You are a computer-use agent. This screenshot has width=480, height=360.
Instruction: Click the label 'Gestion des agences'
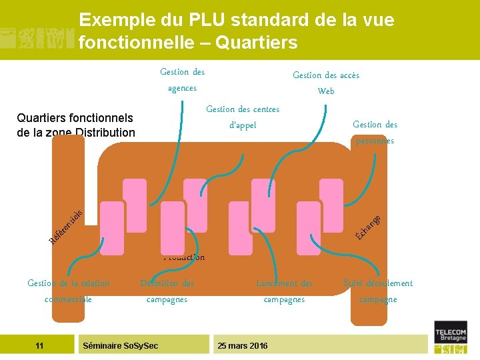pyautogui.click(x=182, y=80)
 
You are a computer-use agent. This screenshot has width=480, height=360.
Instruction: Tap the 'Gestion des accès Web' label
pyautogui.click(x=326, y=83)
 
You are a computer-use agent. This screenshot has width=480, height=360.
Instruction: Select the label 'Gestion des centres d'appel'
pyautogui.click(x=243, y=117)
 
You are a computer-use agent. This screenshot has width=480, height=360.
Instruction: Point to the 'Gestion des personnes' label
pyautogui.click(x=375, y=132)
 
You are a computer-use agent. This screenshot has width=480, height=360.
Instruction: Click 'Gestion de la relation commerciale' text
pyautogui.click(x=69, y=291)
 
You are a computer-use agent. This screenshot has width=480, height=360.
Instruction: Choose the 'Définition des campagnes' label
pyautogui.click(x=167, y=291)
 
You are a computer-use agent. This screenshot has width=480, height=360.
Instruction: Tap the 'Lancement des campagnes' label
pyautogui.click(x=285, y=291)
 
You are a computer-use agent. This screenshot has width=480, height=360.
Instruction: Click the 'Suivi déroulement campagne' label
pyautogui.click(x=378, y=291)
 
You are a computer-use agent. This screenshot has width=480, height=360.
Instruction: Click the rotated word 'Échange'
pyautogui.click(x=369, y=226)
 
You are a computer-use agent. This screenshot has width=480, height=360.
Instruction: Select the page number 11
pyautogui.click(x=39, y=345)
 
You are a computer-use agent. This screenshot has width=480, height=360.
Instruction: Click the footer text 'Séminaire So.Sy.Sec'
pyautogui.click(x=120, y=345)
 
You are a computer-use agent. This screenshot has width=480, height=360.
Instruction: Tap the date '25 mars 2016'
pyautogui.click(x=243, y=345)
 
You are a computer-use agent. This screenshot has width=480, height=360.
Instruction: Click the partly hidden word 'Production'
pyautogui.click(x=185, y=257)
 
